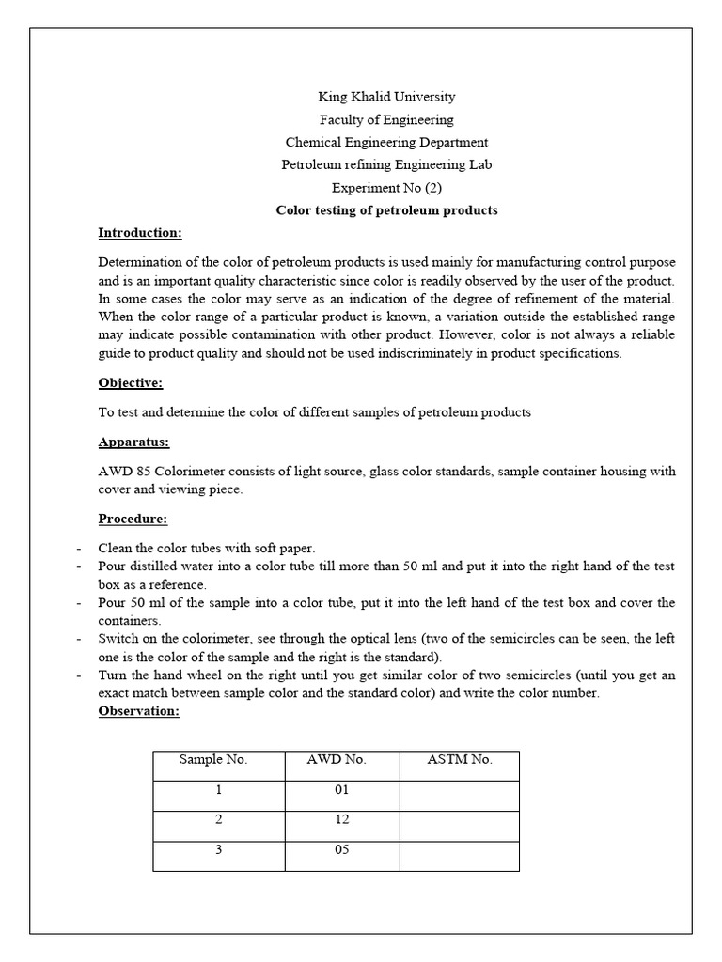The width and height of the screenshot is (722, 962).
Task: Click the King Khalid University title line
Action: (386, 97)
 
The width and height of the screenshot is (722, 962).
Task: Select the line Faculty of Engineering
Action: (386, 119)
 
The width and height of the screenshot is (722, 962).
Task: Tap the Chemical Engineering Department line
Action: (386, 142)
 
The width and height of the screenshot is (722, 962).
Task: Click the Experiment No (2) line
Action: (386, 187)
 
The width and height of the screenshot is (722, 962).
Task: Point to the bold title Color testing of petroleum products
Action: (386, 210)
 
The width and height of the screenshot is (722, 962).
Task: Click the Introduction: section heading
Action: (140, 233)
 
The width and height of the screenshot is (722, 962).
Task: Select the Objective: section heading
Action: (131, 382)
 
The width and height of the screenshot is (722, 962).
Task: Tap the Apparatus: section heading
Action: (134, 442)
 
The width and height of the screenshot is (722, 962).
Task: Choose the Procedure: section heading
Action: (133, 519)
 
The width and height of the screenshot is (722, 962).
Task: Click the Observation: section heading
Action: (138, 711)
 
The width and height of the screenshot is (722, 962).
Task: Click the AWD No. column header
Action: (341, 760)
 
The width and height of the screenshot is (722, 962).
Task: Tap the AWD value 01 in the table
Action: (341, 790)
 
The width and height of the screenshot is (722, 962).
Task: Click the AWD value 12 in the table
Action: (341, 820)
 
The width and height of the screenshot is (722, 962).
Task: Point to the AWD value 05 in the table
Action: (341, 850)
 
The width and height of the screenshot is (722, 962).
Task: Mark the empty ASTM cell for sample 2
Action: (460, 826)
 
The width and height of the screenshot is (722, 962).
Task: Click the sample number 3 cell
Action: (218, 850)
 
